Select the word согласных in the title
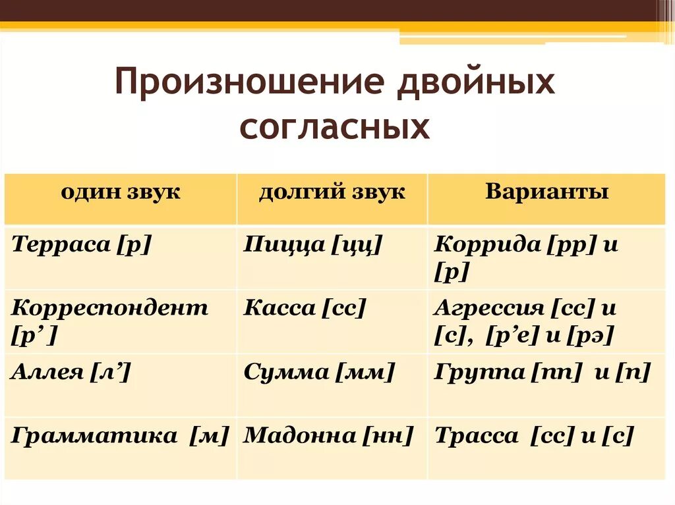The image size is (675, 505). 334,127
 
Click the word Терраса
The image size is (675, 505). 61,245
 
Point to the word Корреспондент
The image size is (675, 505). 109,308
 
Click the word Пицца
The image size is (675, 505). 284,245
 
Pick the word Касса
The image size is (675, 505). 280,308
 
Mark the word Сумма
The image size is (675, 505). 286,372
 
